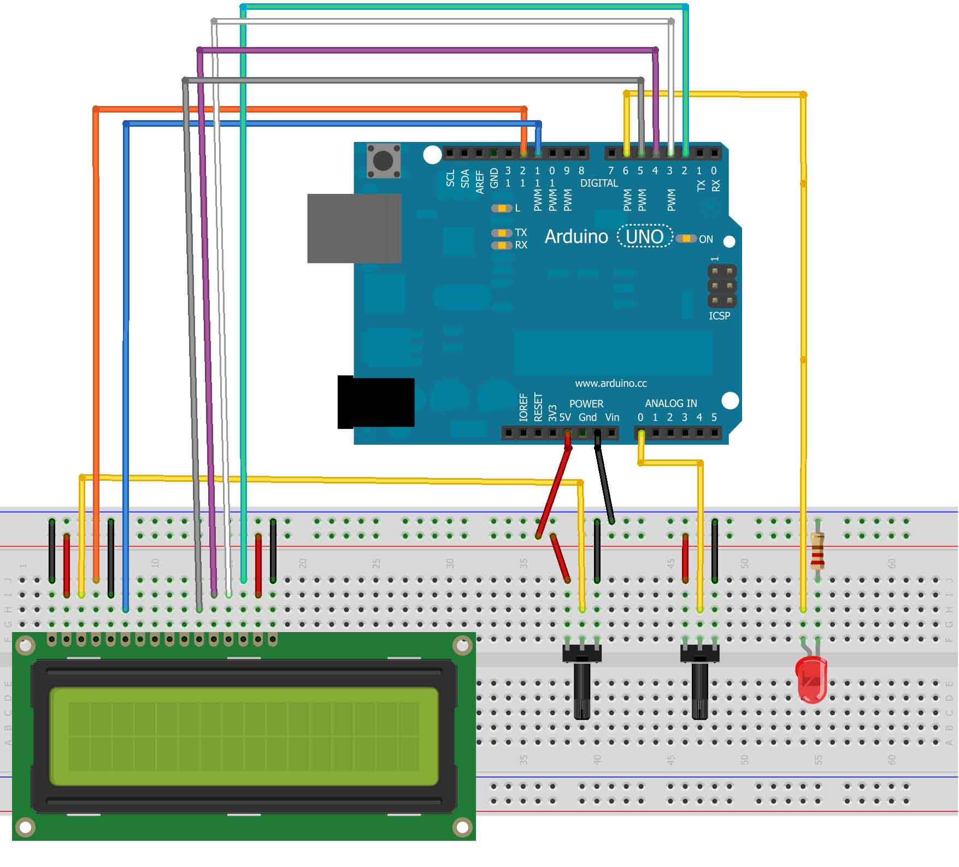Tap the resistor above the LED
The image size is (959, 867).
[817, 551]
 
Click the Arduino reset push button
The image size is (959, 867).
[383, 161]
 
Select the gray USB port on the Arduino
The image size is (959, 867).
[354, 228]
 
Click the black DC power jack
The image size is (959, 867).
[376, 402]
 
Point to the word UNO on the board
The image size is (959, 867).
[644, 237]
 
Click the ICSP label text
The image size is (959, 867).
[719, 316]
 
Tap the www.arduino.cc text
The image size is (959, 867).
[610, 383]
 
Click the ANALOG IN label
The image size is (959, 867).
[670, 403]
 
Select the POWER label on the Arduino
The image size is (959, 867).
[586, 404]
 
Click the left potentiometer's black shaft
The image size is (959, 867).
[582, 691]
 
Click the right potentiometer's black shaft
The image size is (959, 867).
[699, 691]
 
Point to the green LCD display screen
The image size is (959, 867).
[244, 736]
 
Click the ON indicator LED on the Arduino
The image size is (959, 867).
[685, 239]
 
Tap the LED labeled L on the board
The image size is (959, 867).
[501, 208]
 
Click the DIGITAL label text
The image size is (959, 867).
[599, 183]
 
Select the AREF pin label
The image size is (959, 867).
[480, 182]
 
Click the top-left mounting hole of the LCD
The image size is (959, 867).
[25, 646]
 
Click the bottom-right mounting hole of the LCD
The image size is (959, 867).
[462, 828]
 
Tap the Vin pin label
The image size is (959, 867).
[612, 417]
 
